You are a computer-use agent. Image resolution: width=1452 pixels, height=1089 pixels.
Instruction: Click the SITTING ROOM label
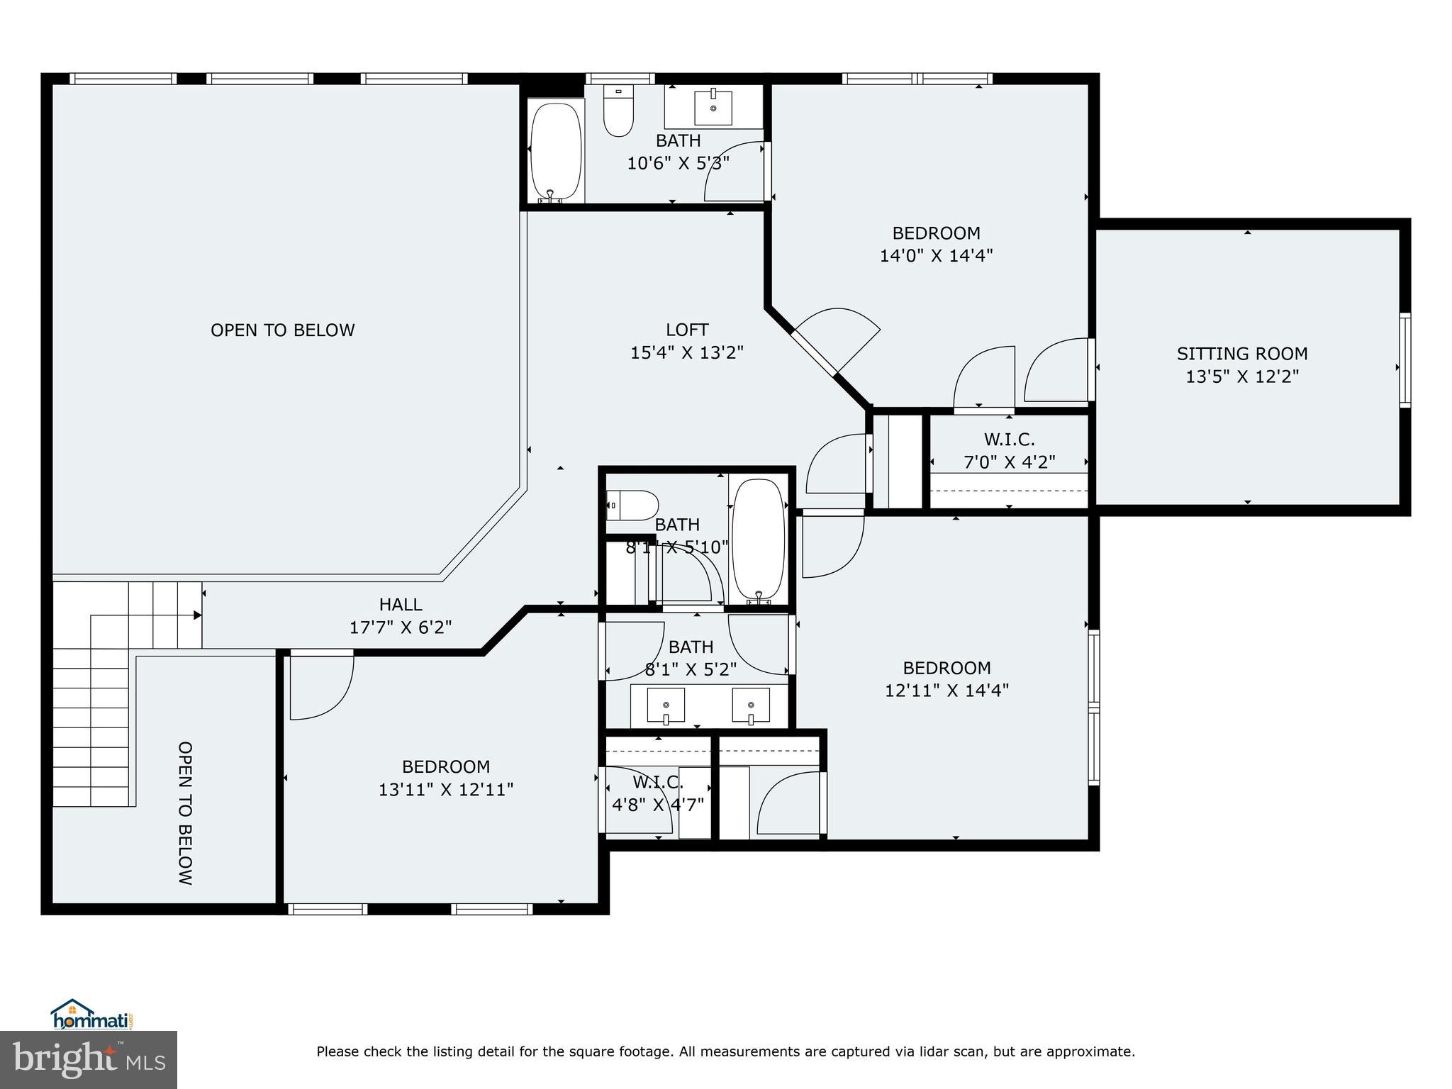(x=1241, y=353)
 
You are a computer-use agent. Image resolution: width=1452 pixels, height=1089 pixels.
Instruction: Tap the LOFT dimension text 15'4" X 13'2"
(x=686, y=352)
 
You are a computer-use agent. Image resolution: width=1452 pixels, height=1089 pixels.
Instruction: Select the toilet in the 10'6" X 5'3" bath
(x=618, y=113)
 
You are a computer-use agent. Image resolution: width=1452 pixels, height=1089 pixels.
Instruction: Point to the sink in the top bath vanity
(x=713, y=106)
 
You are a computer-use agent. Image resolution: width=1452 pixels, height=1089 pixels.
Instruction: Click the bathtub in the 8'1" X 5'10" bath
(x=759, y=540)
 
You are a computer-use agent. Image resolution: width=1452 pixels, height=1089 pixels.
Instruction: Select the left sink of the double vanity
(x=666, y=705)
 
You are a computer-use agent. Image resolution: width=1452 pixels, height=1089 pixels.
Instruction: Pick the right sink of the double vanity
(x=751, y=705)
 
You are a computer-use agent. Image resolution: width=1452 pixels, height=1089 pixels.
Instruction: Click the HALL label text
(x=401, y=605)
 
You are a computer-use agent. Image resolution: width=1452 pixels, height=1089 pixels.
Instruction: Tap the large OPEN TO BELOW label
(x=282, y=330)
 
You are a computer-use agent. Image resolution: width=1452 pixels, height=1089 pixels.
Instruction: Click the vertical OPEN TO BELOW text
(x=185, y=813)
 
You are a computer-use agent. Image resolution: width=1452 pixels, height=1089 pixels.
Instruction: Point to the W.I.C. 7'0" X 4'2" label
(x=1009, y=451)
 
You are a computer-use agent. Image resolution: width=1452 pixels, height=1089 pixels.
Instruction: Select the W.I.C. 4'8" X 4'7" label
(x=657, y=793)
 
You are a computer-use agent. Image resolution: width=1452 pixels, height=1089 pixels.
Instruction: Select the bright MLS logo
(x=89, y=1060)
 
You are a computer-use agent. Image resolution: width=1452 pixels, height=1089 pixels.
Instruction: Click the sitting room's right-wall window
(x=1404, y=359)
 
